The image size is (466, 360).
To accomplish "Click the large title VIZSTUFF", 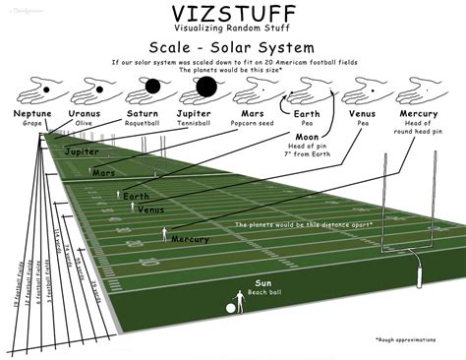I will tap(232, 18).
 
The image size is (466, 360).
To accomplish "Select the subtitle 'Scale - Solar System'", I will tap(233, 47).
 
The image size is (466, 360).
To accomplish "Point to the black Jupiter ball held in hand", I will tap(206, 89).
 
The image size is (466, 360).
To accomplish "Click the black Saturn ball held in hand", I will tap(152, 87).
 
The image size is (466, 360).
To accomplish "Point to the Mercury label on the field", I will tap(189, 239).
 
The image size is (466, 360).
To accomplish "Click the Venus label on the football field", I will tap(150, 210).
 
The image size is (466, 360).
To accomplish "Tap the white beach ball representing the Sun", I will tap(230, 308).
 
